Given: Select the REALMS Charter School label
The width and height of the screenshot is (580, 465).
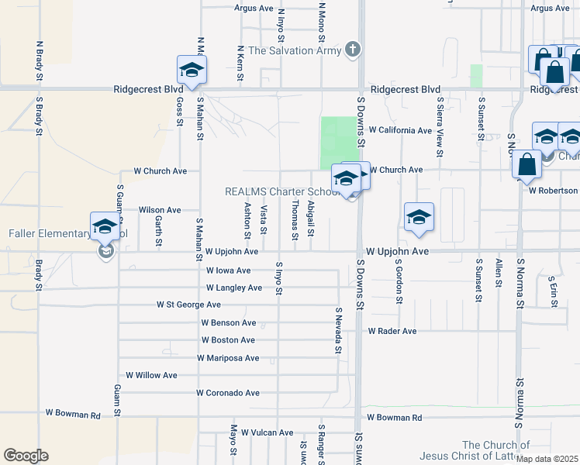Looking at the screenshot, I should pyautogui.click(x=280, y=191).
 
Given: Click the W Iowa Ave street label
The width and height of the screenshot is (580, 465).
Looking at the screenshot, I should pyautogui.click(x=229, y=270).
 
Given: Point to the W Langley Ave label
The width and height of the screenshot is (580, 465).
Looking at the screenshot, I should pyautogui.click(x=234, y=288).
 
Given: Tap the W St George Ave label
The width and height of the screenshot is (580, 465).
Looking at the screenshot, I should pyautogui.click(x=188, y=305).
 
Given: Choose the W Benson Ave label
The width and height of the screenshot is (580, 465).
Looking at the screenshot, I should pyautogui.click(x=228, y=322).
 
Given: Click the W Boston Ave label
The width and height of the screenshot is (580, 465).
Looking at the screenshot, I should pyautogui.click(x=228, y=340).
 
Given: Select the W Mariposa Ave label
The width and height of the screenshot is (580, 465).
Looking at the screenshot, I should pyautogui.click(x=228, y=358).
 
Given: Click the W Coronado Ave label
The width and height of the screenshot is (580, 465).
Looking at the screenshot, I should pyautogui.click(x=228, y=393).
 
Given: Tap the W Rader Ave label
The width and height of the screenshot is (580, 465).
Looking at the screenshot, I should pyautogui.click(x=392, y=331).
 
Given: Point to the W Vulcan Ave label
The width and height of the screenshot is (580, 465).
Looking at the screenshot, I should pyautogui.click(x=267, y=432).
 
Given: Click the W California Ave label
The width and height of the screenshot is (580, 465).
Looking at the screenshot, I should pyautogui.click(x=400, y=130).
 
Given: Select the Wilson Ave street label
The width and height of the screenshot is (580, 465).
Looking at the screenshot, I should pyautogui.click(x=160, y=210).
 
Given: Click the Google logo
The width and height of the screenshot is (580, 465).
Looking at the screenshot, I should pyautogui.click(x=26, y=456).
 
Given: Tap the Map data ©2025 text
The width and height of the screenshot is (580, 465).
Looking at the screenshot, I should pyautogui.click(x=547, y=459).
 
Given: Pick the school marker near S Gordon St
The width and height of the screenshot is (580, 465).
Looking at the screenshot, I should pyautogui.click(x=419, y=218).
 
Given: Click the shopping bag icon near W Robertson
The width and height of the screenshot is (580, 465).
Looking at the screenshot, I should pyautogui.click(x=526, y=165).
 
